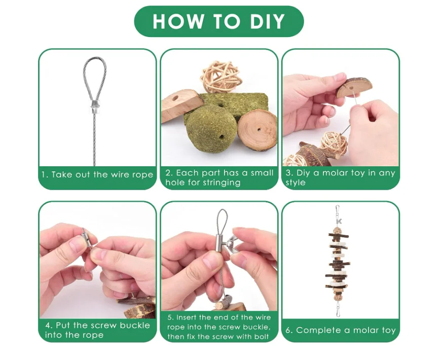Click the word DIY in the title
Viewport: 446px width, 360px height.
[268, 21]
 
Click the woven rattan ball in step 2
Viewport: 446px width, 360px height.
[221, 78]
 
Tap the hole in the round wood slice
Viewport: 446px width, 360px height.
[259, 129]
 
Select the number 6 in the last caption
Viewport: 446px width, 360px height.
[288, 330]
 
